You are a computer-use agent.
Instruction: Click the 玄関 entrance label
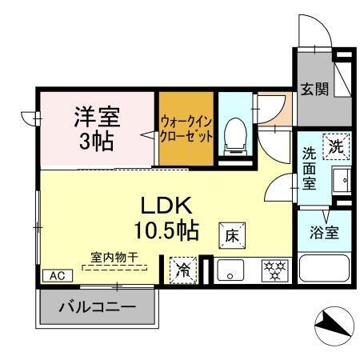tap(314, 88)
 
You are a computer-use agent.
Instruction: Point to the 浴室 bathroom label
tap(325, 234)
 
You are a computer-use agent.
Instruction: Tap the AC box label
tap(56, 274)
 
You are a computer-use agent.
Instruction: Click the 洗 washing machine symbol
tap(336, 146)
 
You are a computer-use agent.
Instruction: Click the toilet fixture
tap(234, 134)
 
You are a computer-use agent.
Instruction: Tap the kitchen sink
tap(232, 270)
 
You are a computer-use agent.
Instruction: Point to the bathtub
tap(325, 267)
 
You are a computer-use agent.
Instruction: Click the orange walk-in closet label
tap(186, 128)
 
